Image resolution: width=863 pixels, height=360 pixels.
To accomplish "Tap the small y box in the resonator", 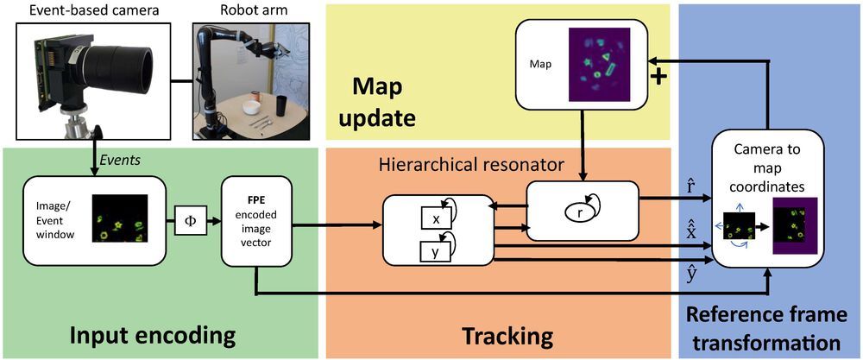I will (x=436, y=252).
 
